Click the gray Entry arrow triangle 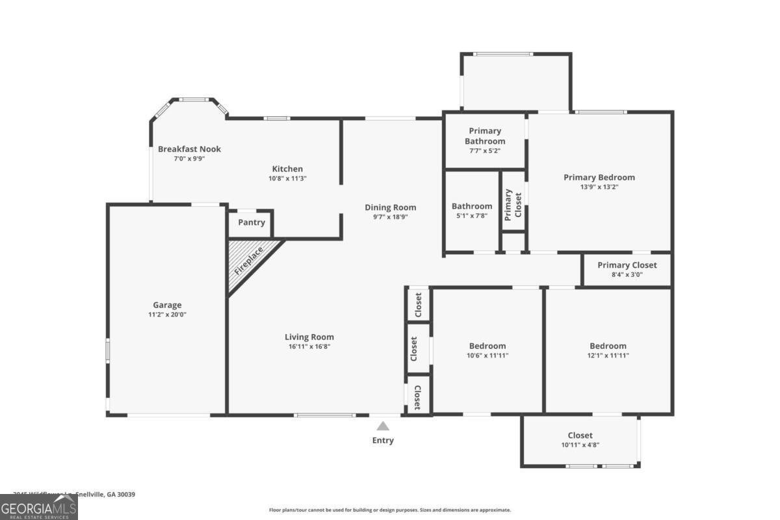383,426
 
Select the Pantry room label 252,222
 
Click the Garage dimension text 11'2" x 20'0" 167,315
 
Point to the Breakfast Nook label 189,149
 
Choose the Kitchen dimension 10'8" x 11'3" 287,178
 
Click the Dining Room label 390,207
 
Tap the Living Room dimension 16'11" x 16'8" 309,346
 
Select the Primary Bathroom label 485,136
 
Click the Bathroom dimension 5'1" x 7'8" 472,216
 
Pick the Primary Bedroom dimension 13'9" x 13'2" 599,187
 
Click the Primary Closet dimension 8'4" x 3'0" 627,274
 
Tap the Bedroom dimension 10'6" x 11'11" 487,356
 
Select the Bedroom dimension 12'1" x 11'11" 608,356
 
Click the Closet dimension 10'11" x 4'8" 580,445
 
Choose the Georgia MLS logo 39,507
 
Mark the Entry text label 383,440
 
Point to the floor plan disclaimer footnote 390,510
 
